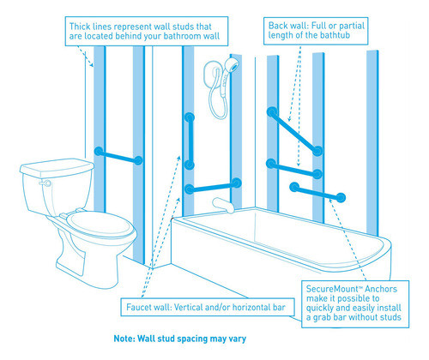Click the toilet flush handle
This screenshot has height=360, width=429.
click(46, 183)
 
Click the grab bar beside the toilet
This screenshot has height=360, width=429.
click(118, 156)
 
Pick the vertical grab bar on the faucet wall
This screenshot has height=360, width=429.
click(189, 141)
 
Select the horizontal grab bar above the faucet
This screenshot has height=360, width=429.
click(213, 186)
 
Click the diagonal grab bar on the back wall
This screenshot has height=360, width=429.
click(295, 131)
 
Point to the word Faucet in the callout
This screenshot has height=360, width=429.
click(139, 308)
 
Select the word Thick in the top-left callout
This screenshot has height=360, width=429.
click(80, 27)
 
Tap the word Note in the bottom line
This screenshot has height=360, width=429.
click(124, 339)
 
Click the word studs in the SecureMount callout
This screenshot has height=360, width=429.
click(389, 317)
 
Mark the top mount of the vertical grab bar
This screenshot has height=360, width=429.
click(190, 117)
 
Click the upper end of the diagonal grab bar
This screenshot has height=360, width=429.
click(272, 112)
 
